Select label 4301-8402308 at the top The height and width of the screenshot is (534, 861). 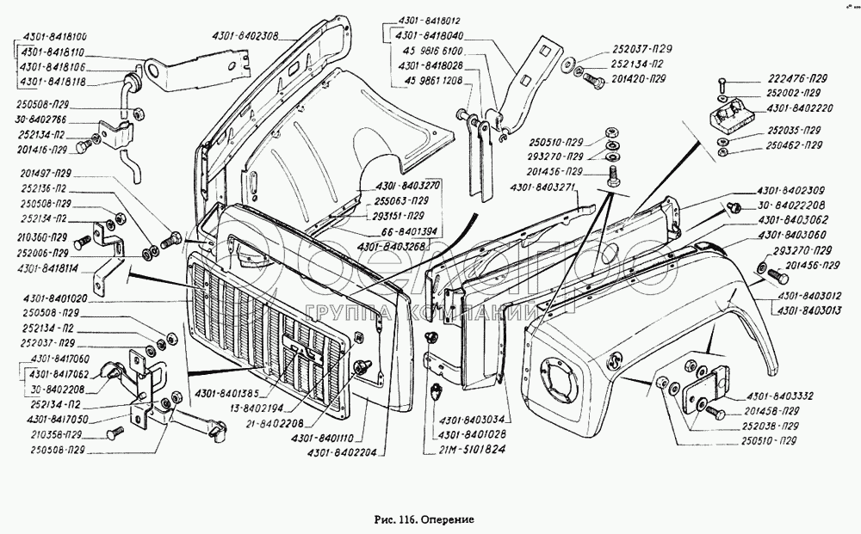(245, 35)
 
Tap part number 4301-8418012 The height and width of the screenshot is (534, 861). (430, 20)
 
